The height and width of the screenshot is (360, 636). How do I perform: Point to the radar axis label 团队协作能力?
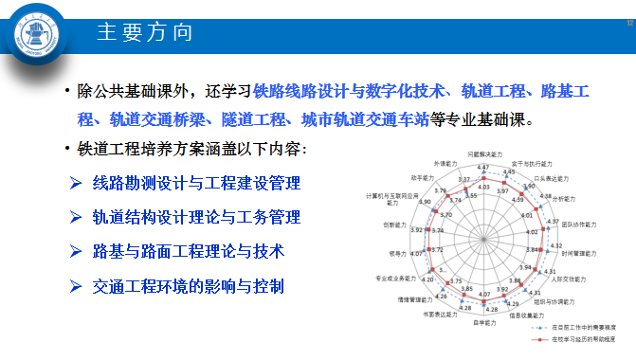[576, 225]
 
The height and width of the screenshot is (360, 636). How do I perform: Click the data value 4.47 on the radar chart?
[483, 168]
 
